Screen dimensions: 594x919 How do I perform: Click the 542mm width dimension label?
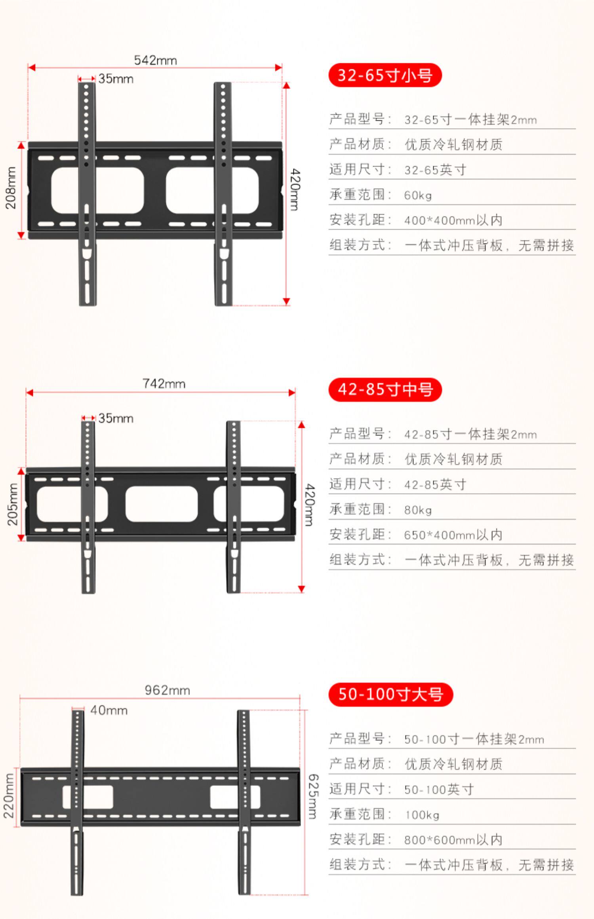click(155, 61)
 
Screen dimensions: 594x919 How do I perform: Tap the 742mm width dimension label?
click(164, 384)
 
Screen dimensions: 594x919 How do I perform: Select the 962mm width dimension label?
click(167, 690)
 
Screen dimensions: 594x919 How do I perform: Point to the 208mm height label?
click(11, 188)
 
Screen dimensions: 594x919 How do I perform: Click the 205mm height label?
click(13, 504)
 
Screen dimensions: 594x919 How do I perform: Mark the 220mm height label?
click(9, 796)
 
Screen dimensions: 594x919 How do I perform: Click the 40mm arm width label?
click(109, 710)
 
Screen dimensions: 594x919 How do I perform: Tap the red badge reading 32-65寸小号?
click(385, 75)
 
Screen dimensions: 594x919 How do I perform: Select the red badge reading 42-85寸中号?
click(385, 390)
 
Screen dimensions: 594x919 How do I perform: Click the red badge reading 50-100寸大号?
click(390, 695)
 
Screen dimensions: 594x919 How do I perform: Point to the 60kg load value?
click(418, 196)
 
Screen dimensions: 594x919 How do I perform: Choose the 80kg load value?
click(418, 510)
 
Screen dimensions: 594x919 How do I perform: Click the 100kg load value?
click(422, 815)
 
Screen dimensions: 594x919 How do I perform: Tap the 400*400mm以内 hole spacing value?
click(453, 220)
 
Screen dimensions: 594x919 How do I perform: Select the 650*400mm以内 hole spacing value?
click(453, 535)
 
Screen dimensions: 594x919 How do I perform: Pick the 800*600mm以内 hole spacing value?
click(453, 840)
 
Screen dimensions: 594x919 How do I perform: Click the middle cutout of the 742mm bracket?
click(162, 504)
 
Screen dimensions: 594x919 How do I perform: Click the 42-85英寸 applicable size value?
click(435, 485)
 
